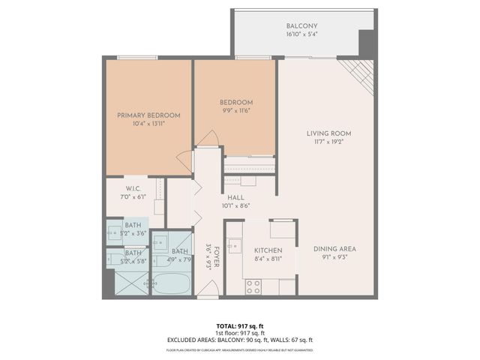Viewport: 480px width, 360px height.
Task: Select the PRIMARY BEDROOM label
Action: (148, 115)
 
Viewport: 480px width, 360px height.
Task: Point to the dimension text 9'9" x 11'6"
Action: (235, 111)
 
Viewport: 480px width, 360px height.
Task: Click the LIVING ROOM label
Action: (328, 133)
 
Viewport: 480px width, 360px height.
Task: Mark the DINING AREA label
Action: (334, 249)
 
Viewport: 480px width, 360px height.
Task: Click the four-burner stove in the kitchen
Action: (253, 286)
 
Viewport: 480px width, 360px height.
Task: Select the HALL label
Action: (235, 197)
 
